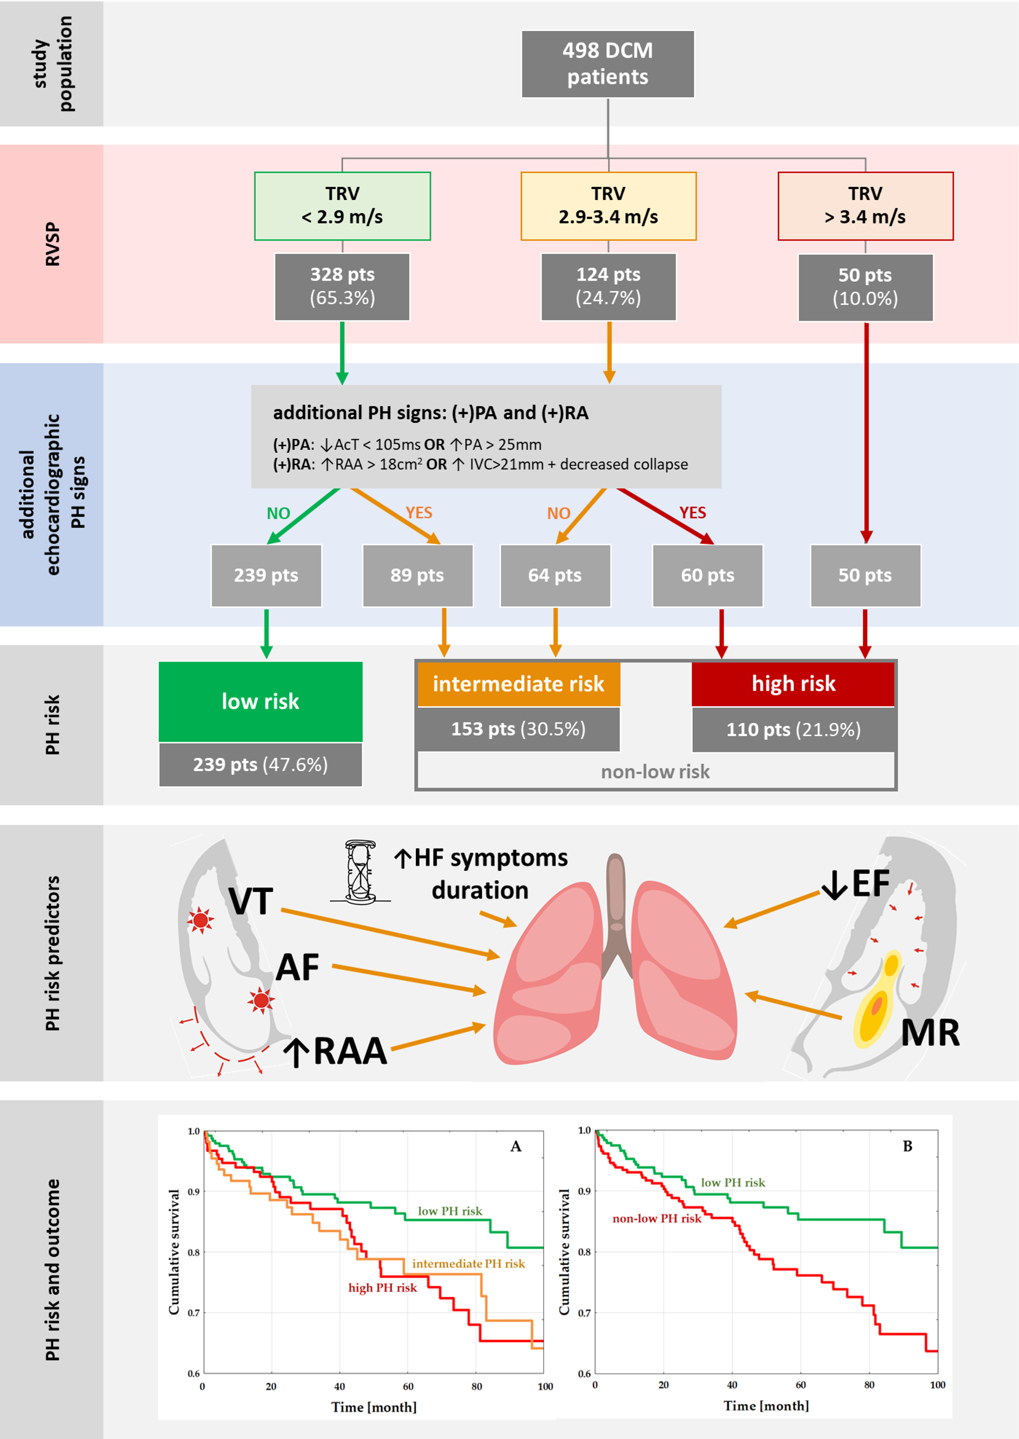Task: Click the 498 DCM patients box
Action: tap(608, 64)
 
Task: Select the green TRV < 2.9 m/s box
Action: tap(342, 206)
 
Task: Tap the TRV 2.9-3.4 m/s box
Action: tap(608, 206)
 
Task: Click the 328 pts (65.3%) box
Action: tap(342, 287)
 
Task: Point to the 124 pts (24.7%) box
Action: tap(608, 287)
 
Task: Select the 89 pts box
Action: tap(417, 575)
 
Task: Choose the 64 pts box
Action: tap(555, 575)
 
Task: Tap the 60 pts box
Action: tap(707, 575)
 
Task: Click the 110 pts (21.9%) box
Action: tap(793, 730)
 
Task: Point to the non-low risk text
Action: tap(655, 772)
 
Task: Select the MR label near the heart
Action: tap(930, 1032)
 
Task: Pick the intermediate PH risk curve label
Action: tap(468, 1264)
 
